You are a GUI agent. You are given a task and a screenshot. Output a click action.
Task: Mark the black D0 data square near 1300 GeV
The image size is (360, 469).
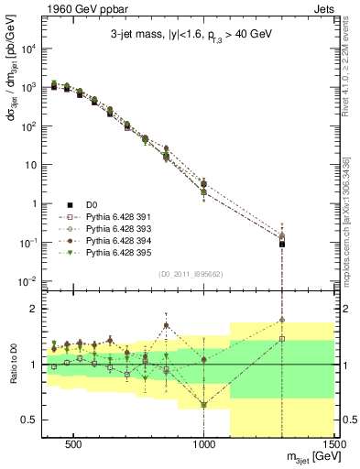click(x=282, y=244)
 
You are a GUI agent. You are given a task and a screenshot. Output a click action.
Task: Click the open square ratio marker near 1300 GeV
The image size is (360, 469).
click(x=282, y=339)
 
